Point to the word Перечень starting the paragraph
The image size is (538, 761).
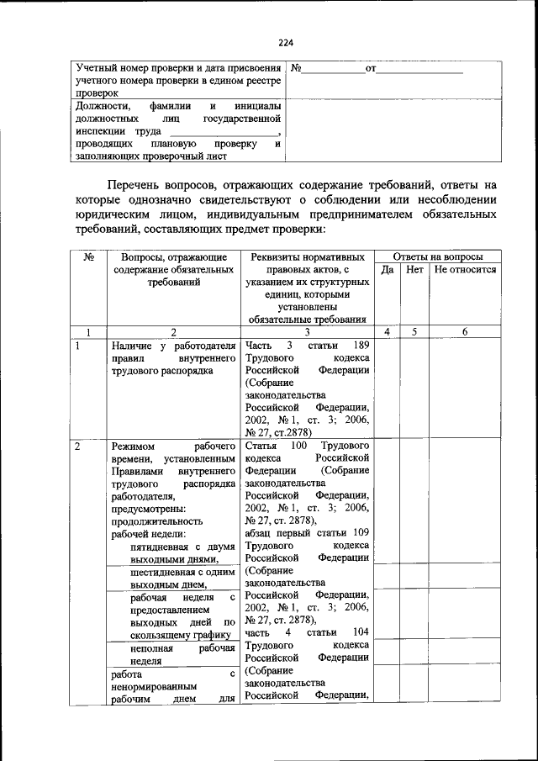coord(140,184)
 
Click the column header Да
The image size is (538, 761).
coord(388,270)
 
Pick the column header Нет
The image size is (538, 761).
coord(414,270)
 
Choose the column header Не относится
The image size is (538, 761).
coord(465,270)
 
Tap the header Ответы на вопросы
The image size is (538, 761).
coord(438,256)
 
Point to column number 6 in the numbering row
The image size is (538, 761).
coord(465,332)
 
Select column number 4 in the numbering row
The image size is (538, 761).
coord(388,332)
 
